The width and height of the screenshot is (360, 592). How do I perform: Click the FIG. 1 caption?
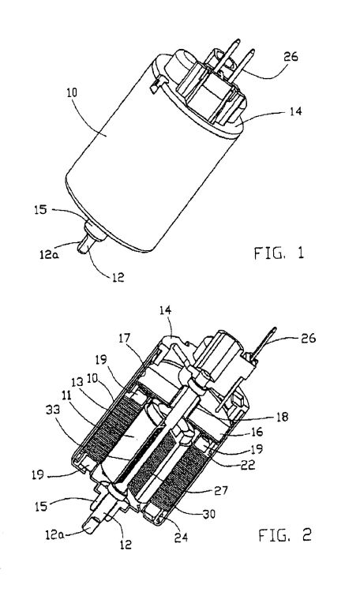coord(279,253)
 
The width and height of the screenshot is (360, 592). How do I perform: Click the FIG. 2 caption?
coord(285,534)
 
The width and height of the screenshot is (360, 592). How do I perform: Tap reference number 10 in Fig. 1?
coord(72,92)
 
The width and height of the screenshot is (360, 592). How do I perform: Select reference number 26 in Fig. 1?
coord(291,57)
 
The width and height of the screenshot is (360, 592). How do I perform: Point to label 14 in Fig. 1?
coord(296,111)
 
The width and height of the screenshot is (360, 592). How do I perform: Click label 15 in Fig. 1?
coord(40,209)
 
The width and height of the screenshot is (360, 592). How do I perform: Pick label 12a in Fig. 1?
coord(49,254)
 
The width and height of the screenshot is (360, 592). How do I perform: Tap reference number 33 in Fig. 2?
coord(53,409)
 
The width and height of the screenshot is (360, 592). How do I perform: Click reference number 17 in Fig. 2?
coord(124,338)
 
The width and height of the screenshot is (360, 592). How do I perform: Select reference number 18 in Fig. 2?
coord(282,417)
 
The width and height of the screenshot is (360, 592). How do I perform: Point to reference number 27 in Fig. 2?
coord(221,490)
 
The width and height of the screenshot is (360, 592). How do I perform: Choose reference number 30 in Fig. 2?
coord(208,514)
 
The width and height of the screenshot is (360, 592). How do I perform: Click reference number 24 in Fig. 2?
coord(181,537)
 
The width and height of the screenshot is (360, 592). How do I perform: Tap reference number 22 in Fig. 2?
coord(248,465)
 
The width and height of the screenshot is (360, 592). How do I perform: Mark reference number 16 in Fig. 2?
coord(257,432)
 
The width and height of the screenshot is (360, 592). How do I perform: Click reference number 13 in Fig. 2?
coord(77,382)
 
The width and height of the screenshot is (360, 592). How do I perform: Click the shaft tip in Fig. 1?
coord(81,250)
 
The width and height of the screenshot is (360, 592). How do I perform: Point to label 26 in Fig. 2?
coord(308,338)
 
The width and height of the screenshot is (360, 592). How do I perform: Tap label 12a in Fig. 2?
coord(54,534)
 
